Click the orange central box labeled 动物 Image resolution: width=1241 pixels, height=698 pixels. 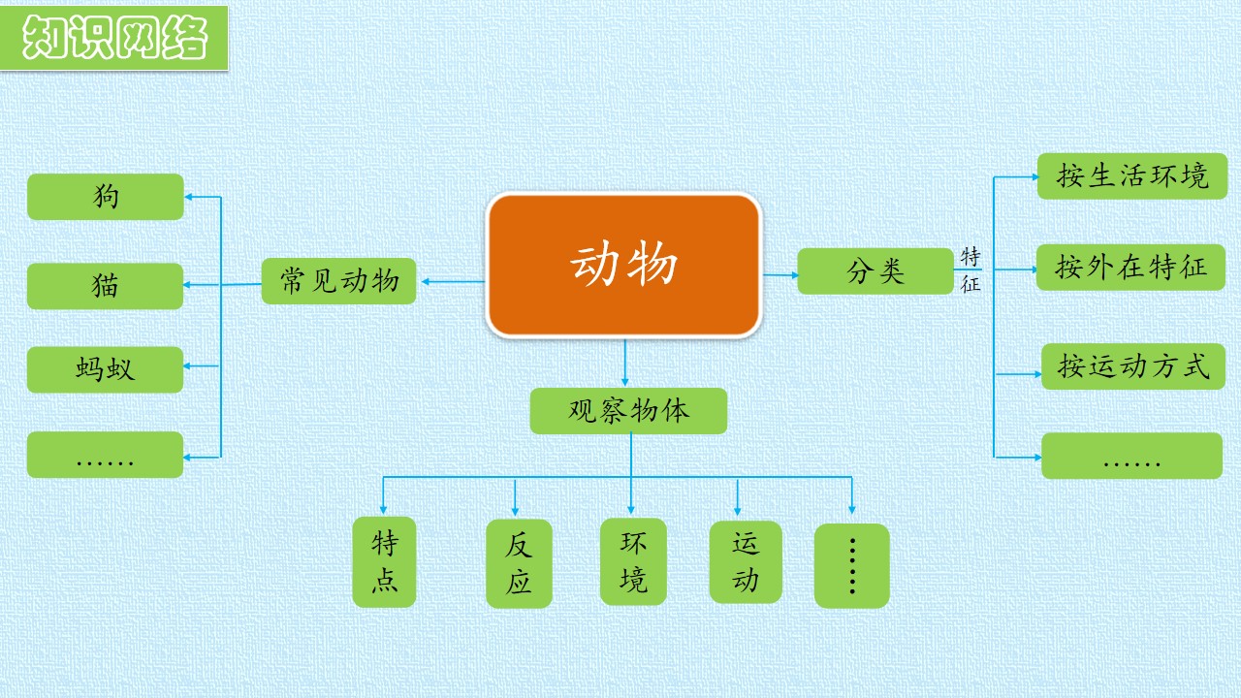click(x=623, y=265)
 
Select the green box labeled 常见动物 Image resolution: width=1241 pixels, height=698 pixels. click(x=338, y=281)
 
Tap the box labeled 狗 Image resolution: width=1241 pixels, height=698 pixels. click(x=106, y=197)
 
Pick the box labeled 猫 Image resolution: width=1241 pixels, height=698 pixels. click(x=106, y=286)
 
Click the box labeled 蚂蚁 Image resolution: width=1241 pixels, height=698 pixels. click(x=106, y=369)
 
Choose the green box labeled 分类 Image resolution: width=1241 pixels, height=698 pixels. click(x=875, y=270)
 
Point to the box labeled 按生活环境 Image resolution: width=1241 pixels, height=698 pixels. click(x=1132, y=176)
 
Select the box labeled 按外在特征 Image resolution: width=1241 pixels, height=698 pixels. click(x=1130, y=267)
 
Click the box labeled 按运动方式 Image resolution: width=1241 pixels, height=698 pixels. click(x=1133, y=366)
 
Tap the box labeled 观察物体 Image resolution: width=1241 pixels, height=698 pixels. click(x=628, y=410)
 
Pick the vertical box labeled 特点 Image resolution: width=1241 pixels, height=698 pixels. click(x=384, y=561)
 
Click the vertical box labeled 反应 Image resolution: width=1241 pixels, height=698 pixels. click(x=519, y=563)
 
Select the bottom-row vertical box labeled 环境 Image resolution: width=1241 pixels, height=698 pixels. click(x=633, y=561)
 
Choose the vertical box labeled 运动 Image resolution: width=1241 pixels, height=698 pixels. click(x=746, y=561)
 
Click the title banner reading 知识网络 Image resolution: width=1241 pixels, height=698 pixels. click(x=114, y=38)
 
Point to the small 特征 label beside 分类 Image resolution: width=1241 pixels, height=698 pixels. click(x=971, y=270)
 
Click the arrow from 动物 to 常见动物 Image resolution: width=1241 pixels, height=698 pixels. click(x=453, y=281)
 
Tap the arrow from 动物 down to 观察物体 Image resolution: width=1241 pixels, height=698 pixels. click(x=625, y=363)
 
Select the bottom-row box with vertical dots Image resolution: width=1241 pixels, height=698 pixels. click(x=851, y=565)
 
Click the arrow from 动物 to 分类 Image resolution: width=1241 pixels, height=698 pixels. click(x=780, y=274)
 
